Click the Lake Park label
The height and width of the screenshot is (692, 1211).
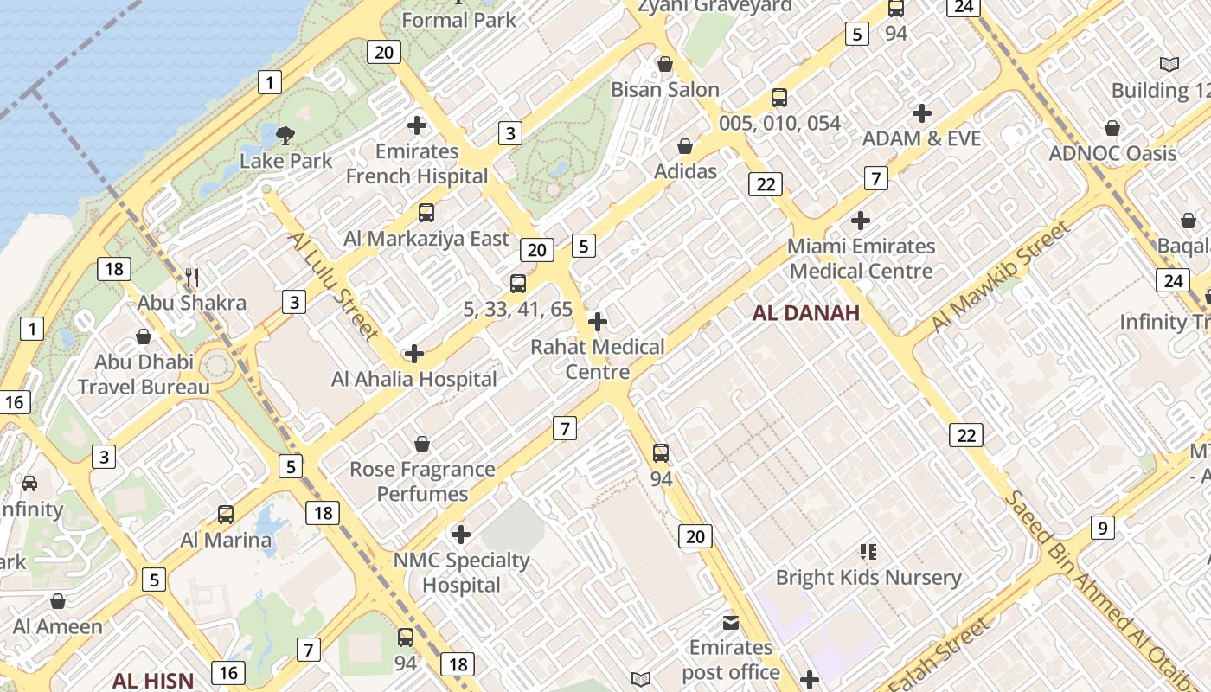285,161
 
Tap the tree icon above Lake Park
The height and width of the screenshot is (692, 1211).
285,135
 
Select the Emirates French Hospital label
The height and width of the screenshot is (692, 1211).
417,163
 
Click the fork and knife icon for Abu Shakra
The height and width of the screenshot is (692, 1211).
192,278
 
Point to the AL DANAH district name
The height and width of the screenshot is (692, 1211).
806,313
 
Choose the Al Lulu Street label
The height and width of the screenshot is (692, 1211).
333,285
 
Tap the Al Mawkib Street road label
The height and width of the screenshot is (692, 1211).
1001,277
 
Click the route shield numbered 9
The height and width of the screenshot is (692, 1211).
1102,527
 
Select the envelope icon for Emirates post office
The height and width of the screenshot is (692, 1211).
731,623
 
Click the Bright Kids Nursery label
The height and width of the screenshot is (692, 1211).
868,578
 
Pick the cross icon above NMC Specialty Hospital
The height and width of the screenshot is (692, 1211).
461,535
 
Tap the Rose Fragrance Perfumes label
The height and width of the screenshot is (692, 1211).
422,482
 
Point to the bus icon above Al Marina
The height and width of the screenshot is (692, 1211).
226,515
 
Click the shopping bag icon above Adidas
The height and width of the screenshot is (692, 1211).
685,146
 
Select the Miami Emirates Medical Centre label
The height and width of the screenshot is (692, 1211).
862,259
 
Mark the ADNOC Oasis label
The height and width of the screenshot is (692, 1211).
1112,154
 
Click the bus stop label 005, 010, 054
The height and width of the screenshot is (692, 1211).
779,123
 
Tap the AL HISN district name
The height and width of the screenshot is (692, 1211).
153,680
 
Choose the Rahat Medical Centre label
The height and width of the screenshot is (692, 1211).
598,359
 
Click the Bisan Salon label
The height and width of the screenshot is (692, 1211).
665,90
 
